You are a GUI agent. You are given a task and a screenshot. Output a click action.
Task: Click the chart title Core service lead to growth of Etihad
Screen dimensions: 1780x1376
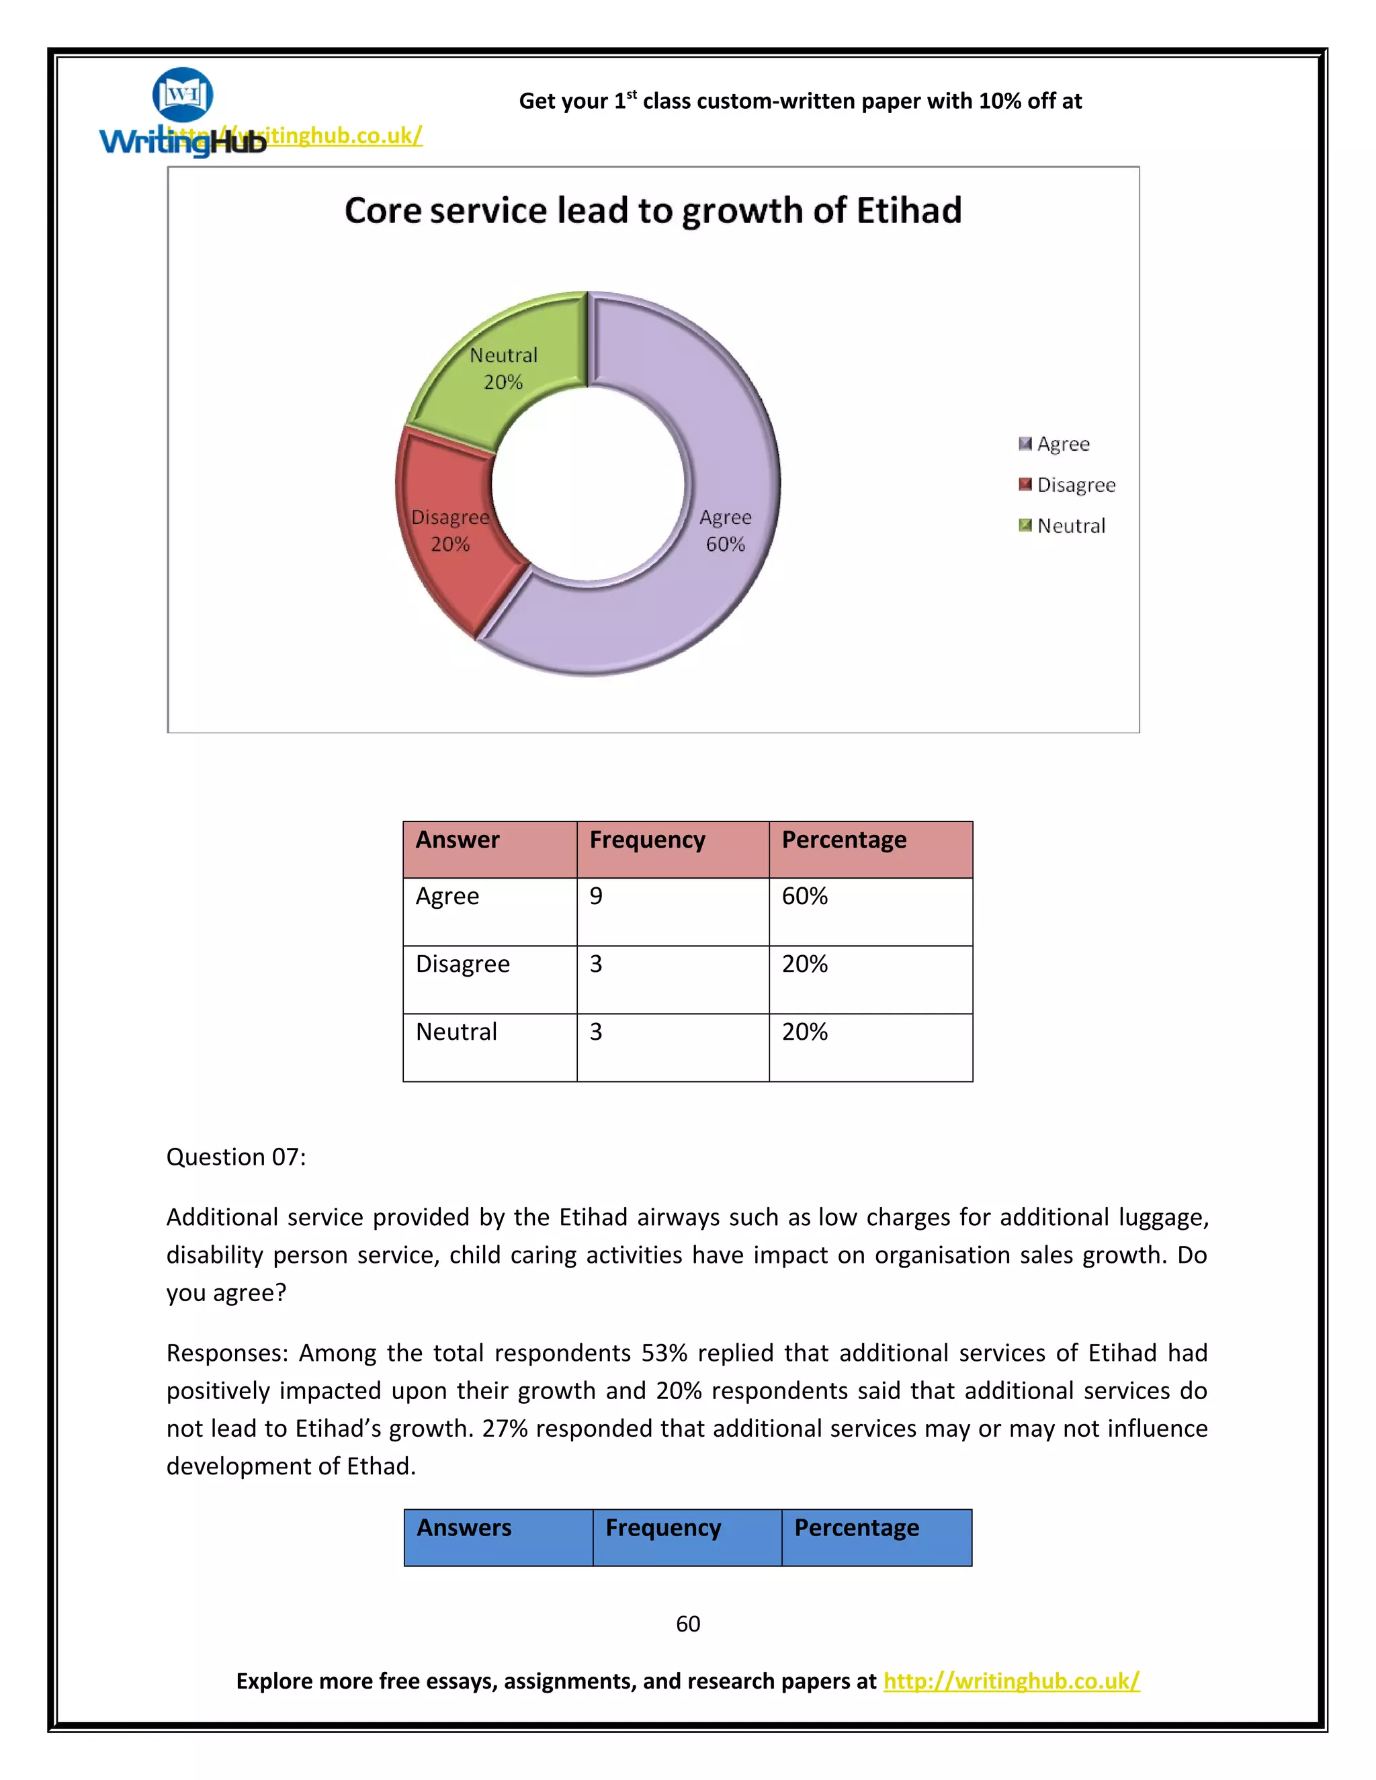point(653,210)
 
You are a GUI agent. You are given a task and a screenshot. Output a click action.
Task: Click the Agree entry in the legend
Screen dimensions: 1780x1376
point(1062,444)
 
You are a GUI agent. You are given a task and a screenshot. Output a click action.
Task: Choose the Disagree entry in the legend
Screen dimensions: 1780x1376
point(1075,485)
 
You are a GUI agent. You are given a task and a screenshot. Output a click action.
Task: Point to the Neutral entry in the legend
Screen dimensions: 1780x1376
point(1070,526)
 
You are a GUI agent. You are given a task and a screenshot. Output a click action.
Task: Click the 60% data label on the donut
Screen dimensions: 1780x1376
point(725,545)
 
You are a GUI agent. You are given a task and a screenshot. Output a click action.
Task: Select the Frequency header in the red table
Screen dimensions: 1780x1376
point(647,840)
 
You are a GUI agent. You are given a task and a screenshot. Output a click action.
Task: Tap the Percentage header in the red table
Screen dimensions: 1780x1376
point(844,840)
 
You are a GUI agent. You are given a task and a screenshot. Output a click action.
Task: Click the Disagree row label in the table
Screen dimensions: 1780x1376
point(462,963)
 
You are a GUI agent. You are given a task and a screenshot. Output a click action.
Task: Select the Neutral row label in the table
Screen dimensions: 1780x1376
point(456,1032)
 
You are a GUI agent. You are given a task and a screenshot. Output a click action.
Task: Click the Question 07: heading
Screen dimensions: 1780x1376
point(236,1157)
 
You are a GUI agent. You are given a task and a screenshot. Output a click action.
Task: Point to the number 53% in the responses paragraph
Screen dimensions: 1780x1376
point(664,1352)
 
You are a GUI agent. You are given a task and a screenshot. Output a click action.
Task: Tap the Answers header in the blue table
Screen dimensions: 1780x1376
point(464,1527)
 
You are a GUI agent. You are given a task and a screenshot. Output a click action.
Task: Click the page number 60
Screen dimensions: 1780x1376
point(688,1623)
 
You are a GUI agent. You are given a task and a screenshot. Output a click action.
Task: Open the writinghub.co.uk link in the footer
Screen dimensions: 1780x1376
point(1010,1681)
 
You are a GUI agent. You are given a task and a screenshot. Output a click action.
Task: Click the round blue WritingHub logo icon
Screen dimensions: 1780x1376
point(183,95)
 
